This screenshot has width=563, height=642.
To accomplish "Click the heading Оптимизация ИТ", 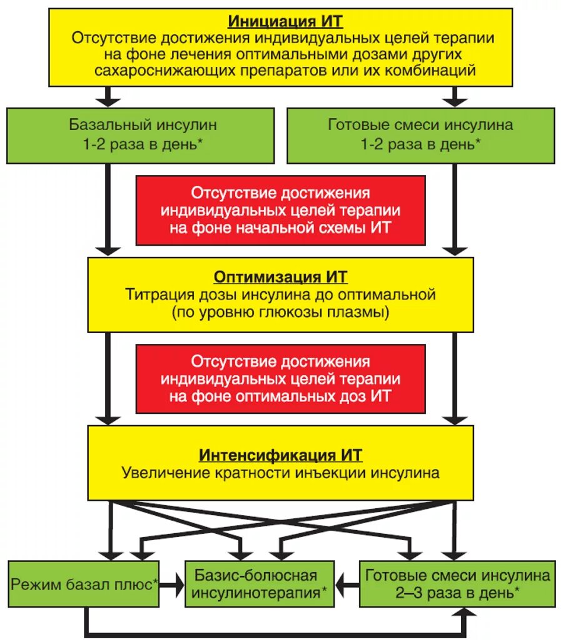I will click(281, 276).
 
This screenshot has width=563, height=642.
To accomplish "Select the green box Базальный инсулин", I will click(140, 135).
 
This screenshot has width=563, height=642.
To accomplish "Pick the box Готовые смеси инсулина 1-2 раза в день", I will click(420, 135).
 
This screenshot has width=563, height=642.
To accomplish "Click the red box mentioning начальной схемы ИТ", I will click(281, 210).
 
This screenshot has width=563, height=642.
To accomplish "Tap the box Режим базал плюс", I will click(84, 585).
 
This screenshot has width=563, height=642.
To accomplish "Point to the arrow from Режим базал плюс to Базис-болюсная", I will click(173, 585).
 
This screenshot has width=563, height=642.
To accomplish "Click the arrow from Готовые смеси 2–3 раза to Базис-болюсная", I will click(348, 585).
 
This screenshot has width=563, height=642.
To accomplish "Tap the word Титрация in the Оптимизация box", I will click(154, 293).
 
